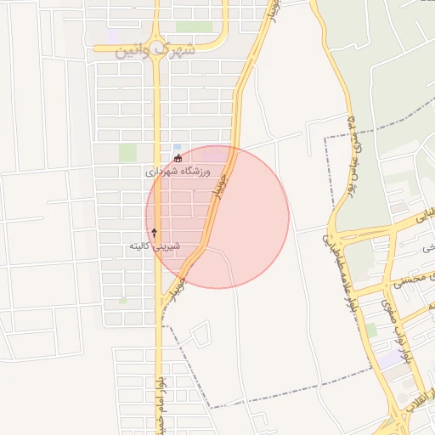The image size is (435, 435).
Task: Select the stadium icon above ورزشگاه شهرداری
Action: [177, 158]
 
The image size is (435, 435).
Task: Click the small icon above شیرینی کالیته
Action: [154, 231]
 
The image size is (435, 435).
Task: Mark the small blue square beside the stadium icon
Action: [177, 147]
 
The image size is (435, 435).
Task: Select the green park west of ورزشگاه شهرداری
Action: [127, 153]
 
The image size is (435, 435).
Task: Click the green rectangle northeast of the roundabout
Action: [195, 27]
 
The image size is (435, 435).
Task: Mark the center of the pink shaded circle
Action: [217, 217]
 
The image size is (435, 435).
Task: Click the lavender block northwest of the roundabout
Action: [115, 37]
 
